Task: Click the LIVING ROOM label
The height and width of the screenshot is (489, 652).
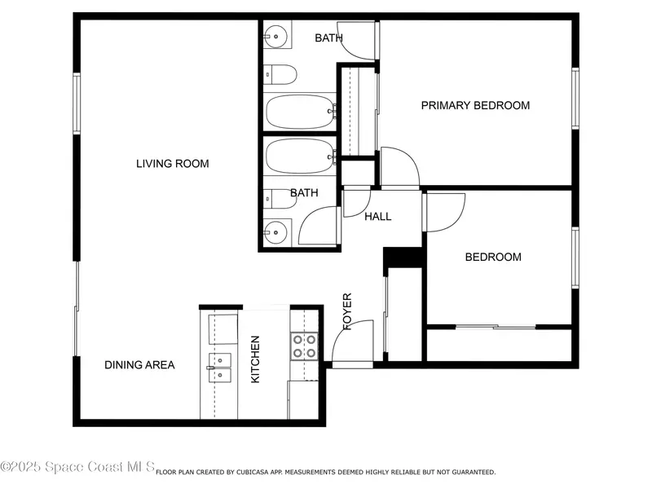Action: tap(173, 164)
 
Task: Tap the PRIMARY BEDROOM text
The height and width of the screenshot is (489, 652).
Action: tap(475, 105)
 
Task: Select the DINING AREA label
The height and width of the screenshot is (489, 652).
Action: tap(139, 364)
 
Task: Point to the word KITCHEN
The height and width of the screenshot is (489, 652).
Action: tap(255, 359)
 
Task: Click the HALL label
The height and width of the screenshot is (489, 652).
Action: tap(377, 216)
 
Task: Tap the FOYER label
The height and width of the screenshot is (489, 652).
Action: tap(347, 311)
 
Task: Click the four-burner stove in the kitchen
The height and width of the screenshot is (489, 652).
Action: tap(304, 346)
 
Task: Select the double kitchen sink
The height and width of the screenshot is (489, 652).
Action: tap(219, 368)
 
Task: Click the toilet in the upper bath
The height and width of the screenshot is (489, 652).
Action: tap(280, 75)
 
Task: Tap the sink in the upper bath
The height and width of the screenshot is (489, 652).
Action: tap(275, 37)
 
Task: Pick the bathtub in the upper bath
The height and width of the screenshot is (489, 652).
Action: tap(300, 112)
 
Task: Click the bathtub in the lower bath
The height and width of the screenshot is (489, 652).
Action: tap(300, 156)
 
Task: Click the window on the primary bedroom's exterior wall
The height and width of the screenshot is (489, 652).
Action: tap(575, 98)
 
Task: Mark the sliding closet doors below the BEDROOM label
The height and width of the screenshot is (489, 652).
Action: tap(496, 328)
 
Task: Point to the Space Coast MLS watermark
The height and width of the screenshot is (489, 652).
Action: tap(77, 466)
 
